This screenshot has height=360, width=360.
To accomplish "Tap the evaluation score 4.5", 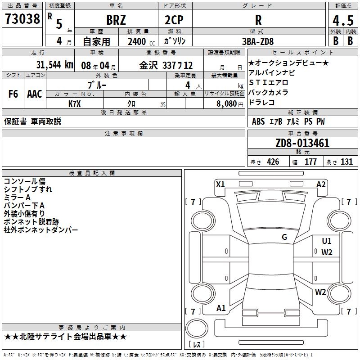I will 342,20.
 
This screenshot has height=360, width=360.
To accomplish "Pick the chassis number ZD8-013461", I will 302,144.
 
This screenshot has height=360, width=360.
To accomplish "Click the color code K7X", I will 75,103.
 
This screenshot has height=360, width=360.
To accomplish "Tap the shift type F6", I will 13,94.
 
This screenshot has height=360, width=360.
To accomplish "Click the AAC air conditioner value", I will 34,94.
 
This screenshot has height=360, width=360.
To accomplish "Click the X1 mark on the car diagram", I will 220,184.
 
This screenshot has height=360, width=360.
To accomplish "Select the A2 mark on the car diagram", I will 321,184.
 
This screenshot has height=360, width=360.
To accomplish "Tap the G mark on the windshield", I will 284,237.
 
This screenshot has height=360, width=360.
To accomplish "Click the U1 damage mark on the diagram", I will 327,241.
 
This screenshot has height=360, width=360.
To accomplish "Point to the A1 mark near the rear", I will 221,308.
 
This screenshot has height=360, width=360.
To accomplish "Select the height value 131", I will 346,162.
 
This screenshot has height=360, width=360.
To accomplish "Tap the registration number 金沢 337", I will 155,65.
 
